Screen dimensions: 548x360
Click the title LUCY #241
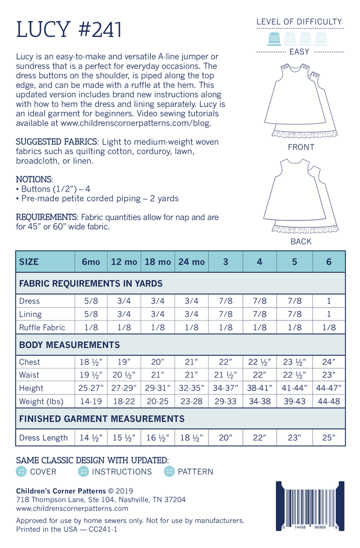[69, 30]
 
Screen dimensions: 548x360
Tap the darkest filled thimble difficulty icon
[273, 38]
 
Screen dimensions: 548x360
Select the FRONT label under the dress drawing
[301, 147]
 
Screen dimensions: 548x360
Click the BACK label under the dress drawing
[301, 241]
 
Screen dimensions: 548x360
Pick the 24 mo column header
[191, 261]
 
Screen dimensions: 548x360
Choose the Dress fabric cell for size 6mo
[91, 301]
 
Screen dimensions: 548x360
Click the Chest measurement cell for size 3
[225, 361]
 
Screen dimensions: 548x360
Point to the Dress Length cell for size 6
[328, 437]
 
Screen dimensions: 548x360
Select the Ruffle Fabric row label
[42, 327]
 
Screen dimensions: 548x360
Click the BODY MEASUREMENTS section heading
[69, 345]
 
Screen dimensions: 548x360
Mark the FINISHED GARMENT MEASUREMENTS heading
[101, 418]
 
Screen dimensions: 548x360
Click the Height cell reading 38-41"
[259, 388]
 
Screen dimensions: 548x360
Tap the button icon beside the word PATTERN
[169, 471]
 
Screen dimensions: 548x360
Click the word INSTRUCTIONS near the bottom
[121, 471]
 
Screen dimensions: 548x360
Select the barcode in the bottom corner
[310, 506]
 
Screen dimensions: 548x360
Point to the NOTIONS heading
[34, 179]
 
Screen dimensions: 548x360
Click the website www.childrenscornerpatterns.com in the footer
[72, 508]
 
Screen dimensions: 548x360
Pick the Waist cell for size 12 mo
[124, 374]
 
